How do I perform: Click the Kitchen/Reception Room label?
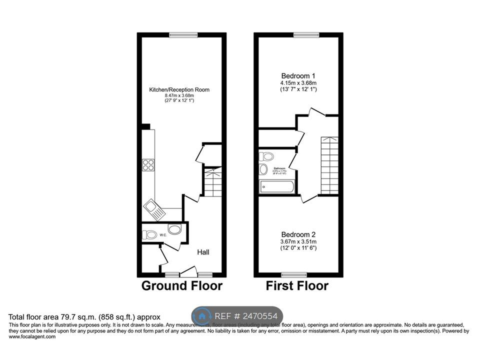click(x=179, y=89)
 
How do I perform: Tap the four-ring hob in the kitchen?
click(x=148, y=164)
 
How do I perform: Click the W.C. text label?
click(x=162, y=234)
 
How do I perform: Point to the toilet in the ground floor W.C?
click(x=149, y=233)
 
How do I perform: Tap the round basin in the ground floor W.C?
click(x=174, y=229)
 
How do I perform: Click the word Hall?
click(x=202, y=252)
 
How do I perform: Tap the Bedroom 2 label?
click(x=298, y=234)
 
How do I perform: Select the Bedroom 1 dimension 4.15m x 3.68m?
click(x=298, y=82)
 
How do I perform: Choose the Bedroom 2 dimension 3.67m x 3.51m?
click(x=298, y=241)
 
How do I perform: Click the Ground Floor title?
click(x=181, y=286)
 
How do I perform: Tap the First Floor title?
click(x=297, y=286)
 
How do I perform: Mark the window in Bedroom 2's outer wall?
click(x=293, y=274)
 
